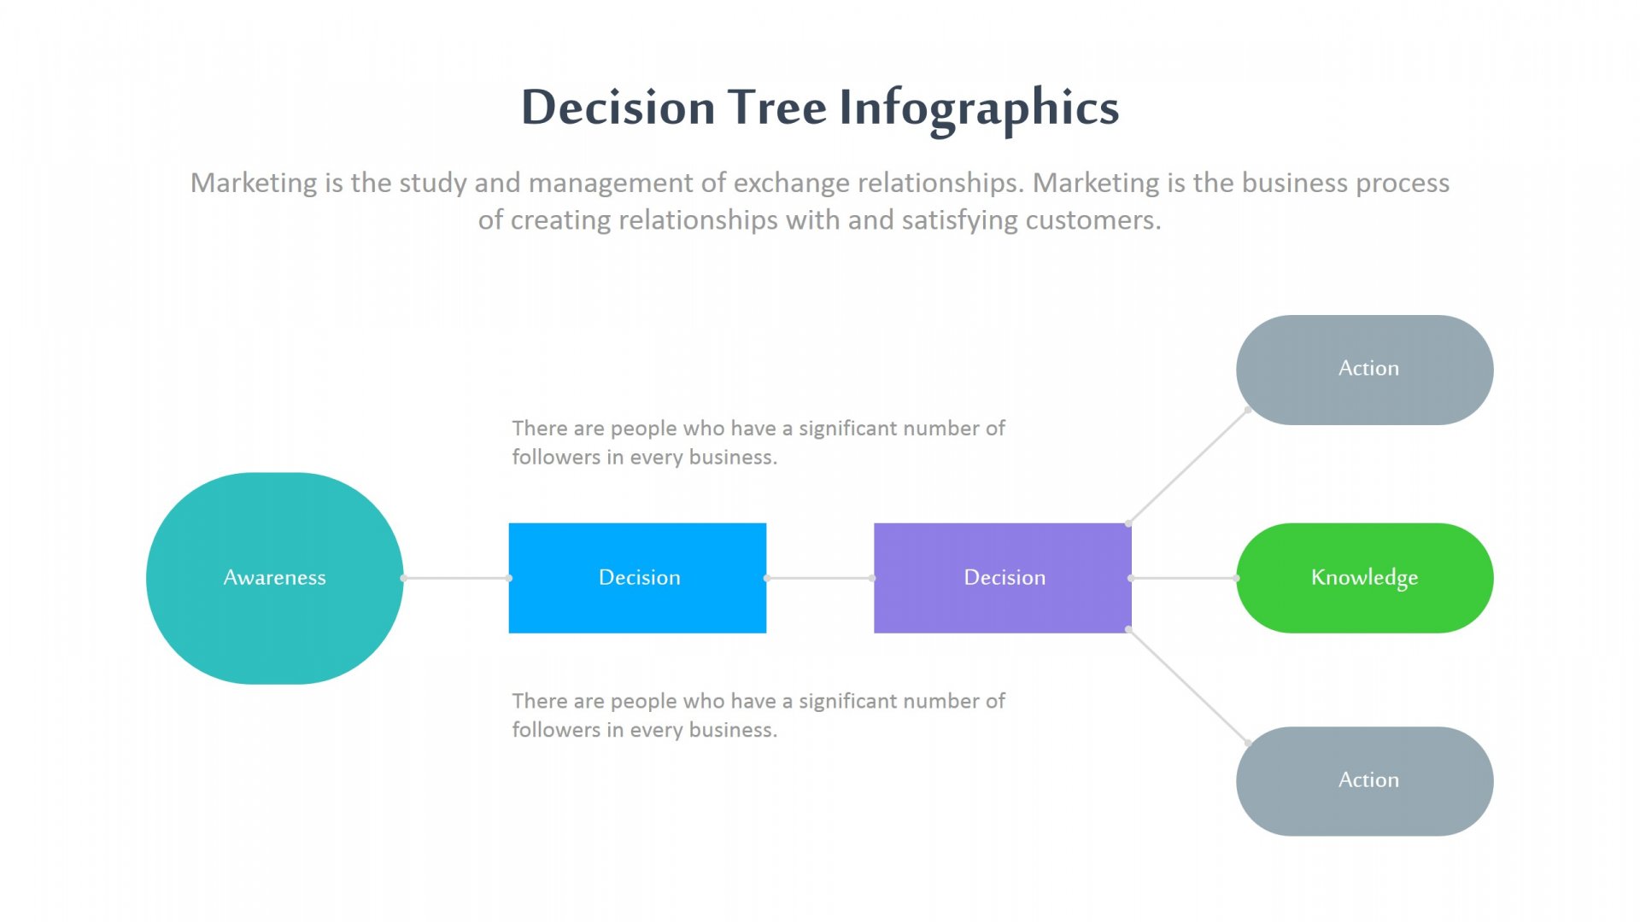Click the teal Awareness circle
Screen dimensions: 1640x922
(x=274, y=578)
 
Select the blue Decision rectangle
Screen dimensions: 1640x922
(x=637, y=578)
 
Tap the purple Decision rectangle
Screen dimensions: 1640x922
(x=1003, y=578)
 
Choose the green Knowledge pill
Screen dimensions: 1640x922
(x=1364, y=578)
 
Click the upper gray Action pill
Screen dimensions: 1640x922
(x=1364, y=370)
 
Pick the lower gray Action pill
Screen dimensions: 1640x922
(x=1364, y=781)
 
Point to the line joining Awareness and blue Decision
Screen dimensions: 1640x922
(x=456, y=578)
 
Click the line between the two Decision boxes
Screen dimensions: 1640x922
(x=820, y=578)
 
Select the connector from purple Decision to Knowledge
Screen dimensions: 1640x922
(x=1184, y=578)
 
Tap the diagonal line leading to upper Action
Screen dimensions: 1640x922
(x=1188, y=467)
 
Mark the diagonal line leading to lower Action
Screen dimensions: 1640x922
(x=1188, y=686)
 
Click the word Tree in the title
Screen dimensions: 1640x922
(x=776, y=108)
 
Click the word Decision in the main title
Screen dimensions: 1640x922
(x=618, y=108)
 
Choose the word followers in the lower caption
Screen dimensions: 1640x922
(x=556, y=730)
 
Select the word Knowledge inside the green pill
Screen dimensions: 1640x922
(x=1364, y=578)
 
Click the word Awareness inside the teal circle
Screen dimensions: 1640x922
(x=274, y=578)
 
